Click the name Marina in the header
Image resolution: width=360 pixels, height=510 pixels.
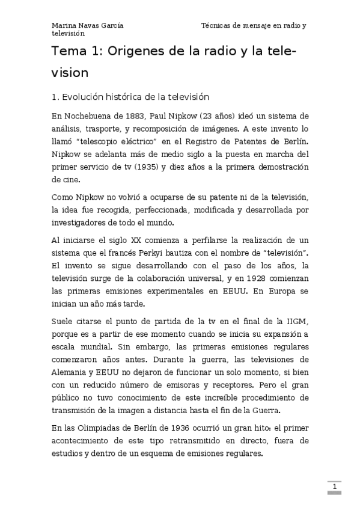64,26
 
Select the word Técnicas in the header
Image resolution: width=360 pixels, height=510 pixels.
217,26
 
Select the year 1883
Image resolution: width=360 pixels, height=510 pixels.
135,116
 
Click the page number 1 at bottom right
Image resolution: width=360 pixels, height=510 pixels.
334,485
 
